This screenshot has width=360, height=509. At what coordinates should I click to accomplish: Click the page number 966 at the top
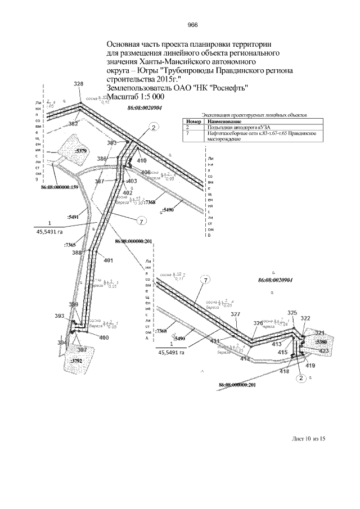point(192,25)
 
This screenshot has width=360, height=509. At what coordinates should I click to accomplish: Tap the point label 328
point(78,84)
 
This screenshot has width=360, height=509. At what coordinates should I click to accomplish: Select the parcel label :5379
point(81,151)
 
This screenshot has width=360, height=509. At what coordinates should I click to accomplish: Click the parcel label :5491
point(73,216)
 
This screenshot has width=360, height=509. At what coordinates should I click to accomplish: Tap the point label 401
point(109,260)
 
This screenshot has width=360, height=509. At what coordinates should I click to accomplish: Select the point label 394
point(62,342)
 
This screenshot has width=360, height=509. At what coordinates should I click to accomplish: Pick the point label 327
point(236,314)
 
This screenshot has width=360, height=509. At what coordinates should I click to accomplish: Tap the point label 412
point(245,358)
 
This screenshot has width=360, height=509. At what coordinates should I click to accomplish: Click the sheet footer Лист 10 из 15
point(308,439)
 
